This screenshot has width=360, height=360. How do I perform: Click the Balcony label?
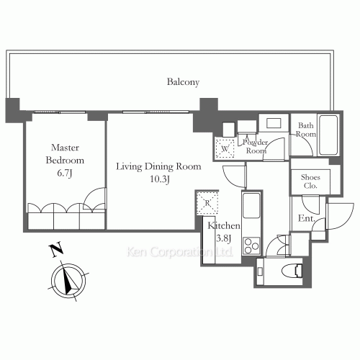183,82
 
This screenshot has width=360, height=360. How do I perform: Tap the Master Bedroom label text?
65,154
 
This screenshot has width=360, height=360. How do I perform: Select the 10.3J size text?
160,179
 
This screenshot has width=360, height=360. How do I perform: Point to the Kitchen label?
224,225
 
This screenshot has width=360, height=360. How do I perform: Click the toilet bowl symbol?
292,271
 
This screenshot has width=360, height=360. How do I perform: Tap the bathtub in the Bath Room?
328,135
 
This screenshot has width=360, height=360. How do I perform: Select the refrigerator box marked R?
207,203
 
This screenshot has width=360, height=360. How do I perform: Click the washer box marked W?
225,148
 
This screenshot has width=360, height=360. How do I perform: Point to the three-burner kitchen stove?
251,246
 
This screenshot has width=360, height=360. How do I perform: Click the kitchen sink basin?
251,205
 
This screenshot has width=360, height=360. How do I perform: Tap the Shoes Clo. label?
310,181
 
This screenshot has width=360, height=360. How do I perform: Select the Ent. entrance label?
307,218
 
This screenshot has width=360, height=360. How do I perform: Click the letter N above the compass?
56,250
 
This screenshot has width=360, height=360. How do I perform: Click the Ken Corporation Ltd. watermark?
179,252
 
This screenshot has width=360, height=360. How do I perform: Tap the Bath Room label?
305,130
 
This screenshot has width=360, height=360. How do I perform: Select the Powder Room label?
256,146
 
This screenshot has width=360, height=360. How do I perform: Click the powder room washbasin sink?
274,123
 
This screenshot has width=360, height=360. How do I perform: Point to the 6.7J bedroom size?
65,173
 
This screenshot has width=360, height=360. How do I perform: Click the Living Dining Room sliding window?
156,112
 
